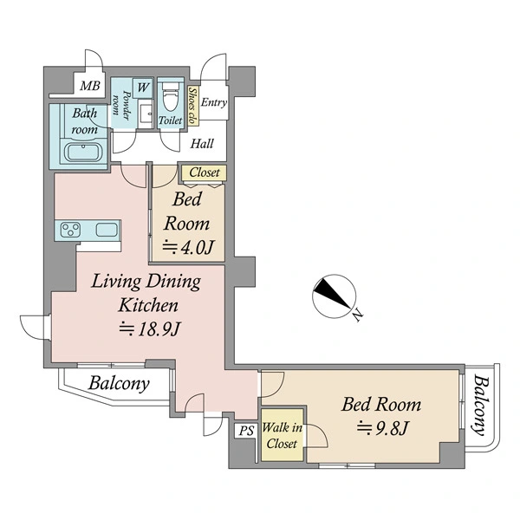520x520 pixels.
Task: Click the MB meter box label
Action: (x=90, y=86)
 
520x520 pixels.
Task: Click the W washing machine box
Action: (x=143, y=88)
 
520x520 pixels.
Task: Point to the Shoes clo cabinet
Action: (x=192, y=106)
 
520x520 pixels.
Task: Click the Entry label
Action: (x=214, y=102)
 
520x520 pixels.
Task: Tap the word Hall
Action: (x=202, y=144)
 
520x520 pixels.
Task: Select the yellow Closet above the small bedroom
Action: (x=204, y=172)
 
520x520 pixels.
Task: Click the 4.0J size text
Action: (x=188, y=247)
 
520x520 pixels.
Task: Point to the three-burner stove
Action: (x=71, y=230)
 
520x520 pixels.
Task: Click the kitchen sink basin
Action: (x=107, y=230)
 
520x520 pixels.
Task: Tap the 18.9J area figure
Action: (x=150, y=329)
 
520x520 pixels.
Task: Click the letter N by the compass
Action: (x=357, y=315)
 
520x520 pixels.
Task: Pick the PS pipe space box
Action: (x=246, y=431)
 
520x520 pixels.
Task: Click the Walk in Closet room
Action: (x=283, y=435)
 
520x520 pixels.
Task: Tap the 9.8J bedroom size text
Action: (x=381, y=428)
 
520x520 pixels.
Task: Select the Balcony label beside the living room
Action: (x=119, y=383)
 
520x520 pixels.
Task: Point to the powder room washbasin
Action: (x=146, y=114)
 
